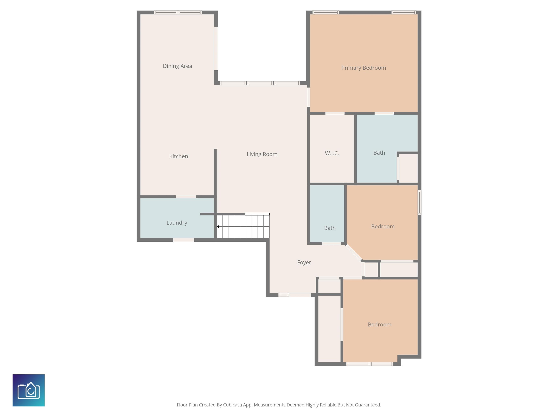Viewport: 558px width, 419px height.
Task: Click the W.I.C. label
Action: [x=332, y=153]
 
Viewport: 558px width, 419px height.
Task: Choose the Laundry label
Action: [x=177, y=223]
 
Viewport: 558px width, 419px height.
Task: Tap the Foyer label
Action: [x=304, y=262]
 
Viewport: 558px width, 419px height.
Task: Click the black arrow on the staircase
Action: [x=218, y=227]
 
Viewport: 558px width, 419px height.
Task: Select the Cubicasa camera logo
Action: [x=29, y=390]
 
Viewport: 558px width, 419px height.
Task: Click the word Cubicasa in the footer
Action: [x=232, y=405]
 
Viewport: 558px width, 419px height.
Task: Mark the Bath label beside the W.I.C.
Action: [x=379, y=153]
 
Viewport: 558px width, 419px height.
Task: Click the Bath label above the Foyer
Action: [x=330, y=228]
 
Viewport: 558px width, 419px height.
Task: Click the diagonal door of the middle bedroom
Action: [x=354, y=252]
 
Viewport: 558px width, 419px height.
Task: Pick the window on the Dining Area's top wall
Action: [x=178, y=12]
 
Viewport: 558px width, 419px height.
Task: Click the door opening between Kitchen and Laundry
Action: [x=186, y=196]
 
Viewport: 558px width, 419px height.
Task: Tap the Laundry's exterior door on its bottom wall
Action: [x=184, y=240]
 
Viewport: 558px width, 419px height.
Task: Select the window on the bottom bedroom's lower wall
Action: [x=370, y=364]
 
